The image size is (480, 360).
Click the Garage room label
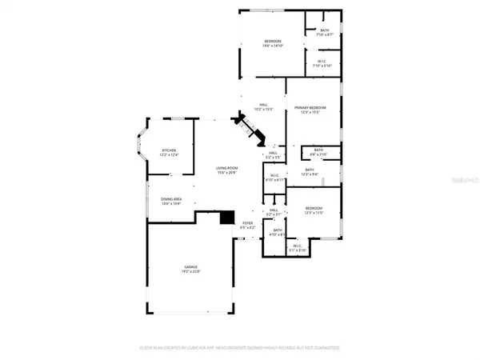tap(192, 267)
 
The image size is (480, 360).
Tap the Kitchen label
tap(169, 150)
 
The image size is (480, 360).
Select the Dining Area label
tap(172, 201)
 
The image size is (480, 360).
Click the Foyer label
tap(248, 224)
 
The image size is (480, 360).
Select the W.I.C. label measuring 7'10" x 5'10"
tap(323, 62)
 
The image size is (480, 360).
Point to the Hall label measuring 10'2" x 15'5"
tap(263, 105)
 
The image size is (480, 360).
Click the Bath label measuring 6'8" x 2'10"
tap(318, 150)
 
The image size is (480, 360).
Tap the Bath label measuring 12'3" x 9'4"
tap(309, 170)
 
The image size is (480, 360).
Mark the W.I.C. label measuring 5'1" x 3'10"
tap(298, 246)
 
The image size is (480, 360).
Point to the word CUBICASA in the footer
tap(202, 348)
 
